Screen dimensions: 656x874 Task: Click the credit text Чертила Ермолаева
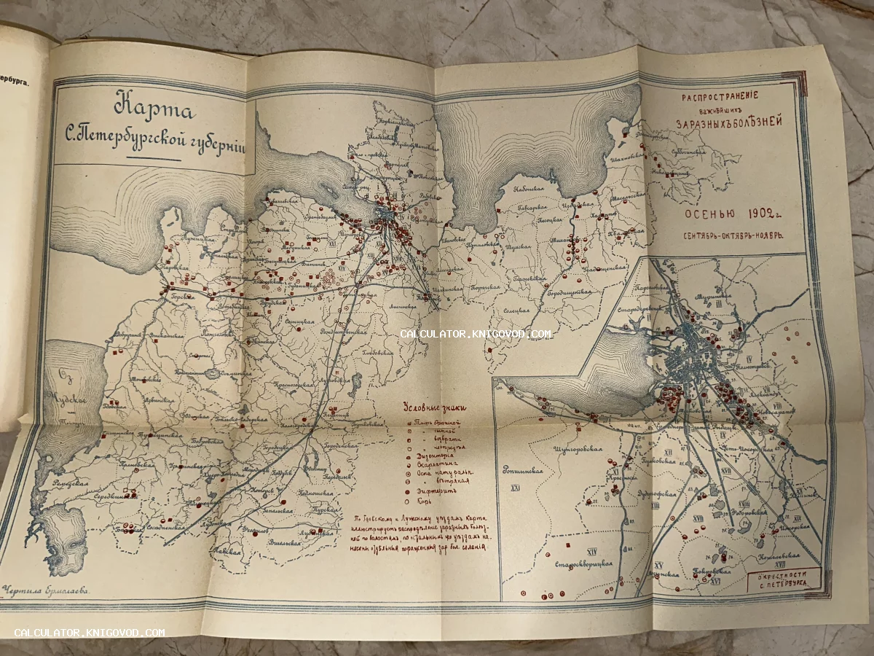click(45, 592)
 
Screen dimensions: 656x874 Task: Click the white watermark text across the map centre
click(475, 334)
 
